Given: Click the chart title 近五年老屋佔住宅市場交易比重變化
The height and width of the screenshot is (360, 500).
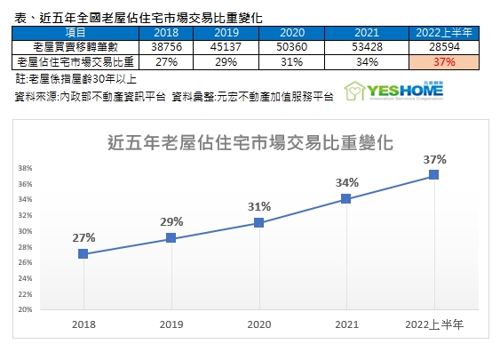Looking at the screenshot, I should (x=250, y=140).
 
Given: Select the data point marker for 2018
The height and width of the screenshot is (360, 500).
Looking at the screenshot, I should (x=83, y=253).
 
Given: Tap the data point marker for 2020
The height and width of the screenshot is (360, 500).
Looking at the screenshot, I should (x=258, y=222).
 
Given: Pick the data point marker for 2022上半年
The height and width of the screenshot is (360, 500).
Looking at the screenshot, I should (x=433, y=175).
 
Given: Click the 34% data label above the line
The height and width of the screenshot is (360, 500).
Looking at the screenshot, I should (x=346, y=182).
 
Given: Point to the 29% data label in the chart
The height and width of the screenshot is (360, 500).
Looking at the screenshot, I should (x=171, y=221).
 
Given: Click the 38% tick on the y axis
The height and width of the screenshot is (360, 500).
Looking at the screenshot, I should (x=25, y=168).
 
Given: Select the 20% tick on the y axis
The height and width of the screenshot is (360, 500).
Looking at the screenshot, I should (x=25, y=310).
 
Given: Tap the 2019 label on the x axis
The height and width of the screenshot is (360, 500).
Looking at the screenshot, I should (x=171, y=326).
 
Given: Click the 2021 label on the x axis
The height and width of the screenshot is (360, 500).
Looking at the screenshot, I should (x=346, y=326).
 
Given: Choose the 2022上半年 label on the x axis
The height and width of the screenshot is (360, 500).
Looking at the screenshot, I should (x=433, y=326).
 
